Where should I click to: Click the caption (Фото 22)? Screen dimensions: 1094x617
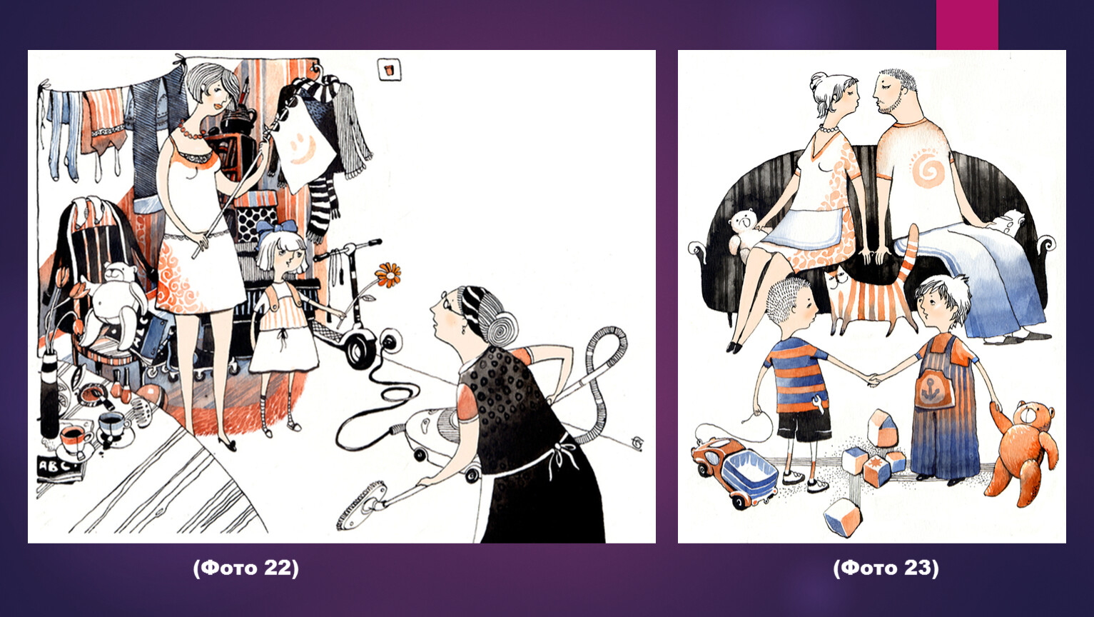point(245,568)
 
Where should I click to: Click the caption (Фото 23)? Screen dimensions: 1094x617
point(886,568)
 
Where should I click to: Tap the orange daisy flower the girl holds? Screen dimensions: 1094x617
point(388,275)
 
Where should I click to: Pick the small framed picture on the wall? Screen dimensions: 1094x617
point(389,69)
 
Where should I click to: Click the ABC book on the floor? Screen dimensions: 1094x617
point(59,468)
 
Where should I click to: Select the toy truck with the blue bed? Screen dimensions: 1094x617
point(735,471)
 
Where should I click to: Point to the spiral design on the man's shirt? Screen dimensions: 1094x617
point(928,169)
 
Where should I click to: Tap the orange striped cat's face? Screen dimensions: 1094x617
point(839,282)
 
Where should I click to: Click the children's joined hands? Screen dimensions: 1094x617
point(874,379)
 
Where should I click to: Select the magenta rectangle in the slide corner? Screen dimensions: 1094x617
point(967,24)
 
